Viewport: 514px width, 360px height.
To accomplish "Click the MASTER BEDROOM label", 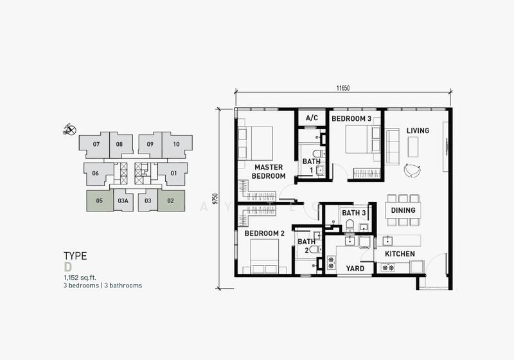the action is coord(269,172).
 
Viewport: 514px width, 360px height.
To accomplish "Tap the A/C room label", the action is coord(312,118).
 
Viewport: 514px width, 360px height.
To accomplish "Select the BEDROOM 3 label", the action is coord(351,119).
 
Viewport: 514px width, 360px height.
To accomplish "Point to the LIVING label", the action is coord(418,130).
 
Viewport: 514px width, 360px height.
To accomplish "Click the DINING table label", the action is coord(403,210).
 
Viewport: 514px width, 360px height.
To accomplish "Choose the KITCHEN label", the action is coord(400,254).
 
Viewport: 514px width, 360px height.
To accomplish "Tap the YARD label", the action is coord(355,269).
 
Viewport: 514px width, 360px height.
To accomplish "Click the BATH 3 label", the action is coord(354,213).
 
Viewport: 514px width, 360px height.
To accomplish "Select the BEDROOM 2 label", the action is coord(265,233).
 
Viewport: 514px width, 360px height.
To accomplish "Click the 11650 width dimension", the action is coord(343,88).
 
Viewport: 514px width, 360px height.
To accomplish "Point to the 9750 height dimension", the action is coord(215,199).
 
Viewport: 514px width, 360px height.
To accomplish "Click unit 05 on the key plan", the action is coord(100,201).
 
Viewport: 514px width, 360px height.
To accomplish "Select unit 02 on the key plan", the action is coord(171,201).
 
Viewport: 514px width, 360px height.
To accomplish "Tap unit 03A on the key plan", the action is coord(123,201).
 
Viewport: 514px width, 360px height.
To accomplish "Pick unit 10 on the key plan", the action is coord(177,144).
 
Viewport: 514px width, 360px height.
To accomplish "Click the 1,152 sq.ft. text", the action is coord(80,278).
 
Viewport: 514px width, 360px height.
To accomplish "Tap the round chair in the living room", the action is coord(412,170).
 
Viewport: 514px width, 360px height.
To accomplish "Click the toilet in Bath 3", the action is coord(350,226).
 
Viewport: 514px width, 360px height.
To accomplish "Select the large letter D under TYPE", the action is coord(67,267).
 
